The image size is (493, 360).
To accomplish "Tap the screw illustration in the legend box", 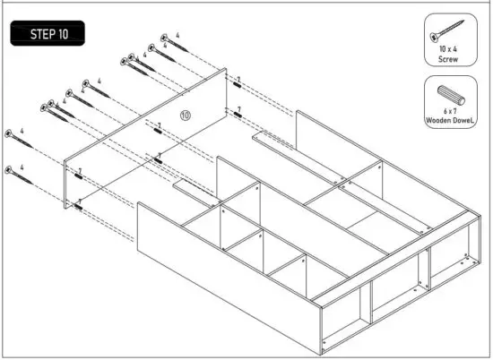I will click(448, 28).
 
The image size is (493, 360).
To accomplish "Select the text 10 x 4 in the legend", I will click(448, 49).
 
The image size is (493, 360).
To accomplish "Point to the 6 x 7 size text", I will click(448, 110).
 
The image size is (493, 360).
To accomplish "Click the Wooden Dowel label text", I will click(448, 120).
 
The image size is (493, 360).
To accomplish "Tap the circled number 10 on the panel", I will click(186, 115).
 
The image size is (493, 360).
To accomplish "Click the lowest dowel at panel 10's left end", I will click(79, 206).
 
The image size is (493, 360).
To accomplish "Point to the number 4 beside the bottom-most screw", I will click(21, 164).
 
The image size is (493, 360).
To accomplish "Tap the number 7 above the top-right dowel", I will click(238, 79).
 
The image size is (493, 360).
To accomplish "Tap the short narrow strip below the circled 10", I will click(189, 187).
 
